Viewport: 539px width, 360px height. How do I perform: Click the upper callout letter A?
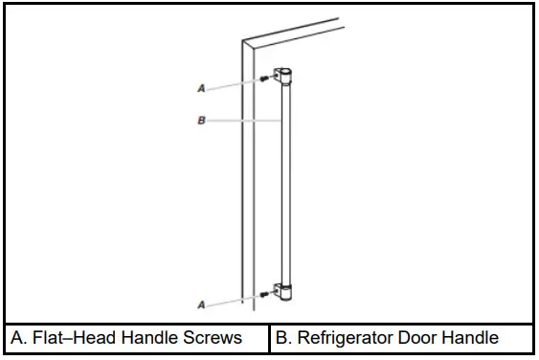coord(201,87)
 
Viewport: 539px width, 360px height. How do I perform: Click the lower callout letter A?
coord(201,304)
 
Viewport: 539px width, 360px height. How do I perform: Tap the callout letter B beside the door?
coord(201,122)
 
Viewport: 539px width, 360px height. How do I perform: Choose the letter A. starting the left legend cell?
coord(19,338)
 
